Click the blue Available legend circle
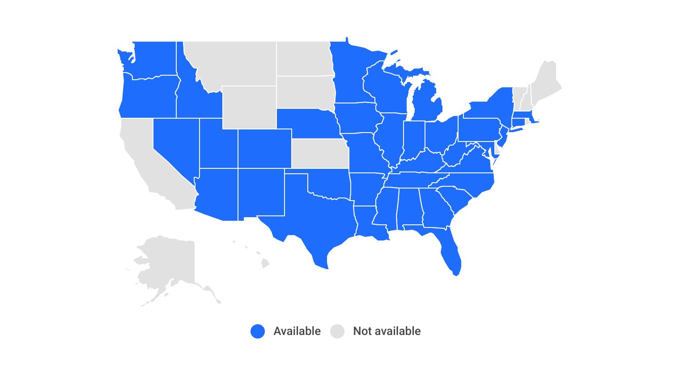[258, 331]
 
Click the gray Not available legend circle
[337, 331]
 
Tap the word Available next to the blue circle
[297, 331]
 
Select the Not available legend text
[387, 331]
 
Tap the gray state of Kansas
[319, 153]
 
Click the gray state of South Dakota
[304, 92]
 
